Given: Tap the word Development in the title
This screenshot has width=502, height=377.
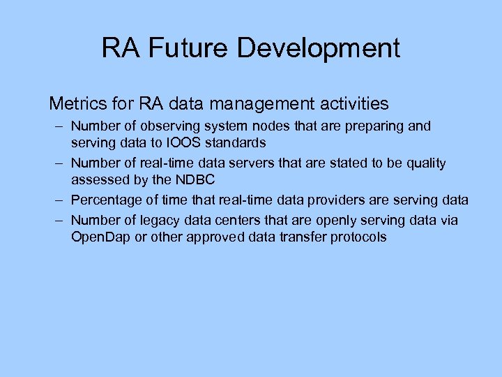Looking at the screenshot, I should point(319,48).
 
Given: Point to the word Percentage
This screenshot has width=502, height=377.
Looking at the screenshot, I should point(104,200).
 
